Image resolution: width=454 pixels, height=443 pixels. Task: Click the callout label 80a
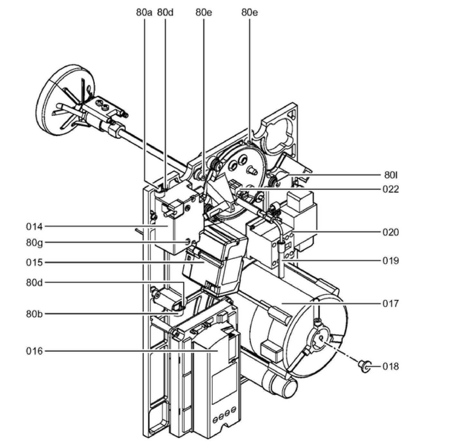pyautogui.click(x=144, y=13)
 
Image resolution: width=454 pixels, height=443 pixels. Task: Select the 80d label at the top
pyautogui.click(x=165, y=13)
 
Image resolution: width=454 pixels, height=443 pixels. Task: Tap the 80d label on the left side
pyautogui.click(x=34, y=283)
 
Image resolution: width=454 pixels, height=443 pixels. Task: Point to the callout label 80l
pyautogui.click(x=391, y=175)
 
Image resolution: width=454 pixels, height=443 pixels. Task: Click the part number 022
pyautogui.click(x=391, y=189)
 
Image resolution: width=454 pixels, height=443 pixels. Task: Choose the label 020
pyautogui.click(x=391, y=232)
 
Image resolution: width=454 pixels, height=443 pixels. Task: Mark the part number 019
pyautogui.click(x=391, y=261)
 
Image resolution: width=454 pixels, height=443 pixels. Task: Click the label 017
pyautogui.click(x=391, y=303)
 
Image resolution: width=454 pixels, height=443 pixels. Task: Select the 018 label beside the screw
pyautogui.click(x=391, y=367)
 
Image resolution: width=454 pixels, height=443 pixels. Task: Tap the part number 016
pyautogui.click(x=34, y=351)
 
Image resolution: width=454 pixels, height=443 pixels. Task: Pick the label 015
pyautogui.click(x=34, y=262)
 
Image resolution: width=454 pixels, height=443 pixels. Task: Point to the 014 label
pyautogui.click(x=34, y=227)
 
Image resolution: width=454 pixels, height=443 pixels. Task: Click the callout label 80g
pyautogui.click(x=34, y=242)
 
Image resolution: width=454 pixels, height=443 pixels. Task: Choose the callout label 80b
pyautogui.click(x=34, y=314)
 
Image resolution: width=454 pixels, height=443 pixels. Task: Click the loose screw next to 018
pyautogui.click(x=363, y=366)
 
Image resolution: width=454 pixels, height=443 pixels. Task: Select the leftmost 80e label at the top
pyautogui.click(x=203, y=13)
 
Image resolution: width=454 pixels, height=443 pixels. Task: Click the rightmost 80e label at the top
pyautogui.click(x=250, y=13)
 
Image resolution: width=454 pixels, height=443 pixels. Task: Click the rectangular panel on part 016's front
pyautogui.click(x=225, y=385)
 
